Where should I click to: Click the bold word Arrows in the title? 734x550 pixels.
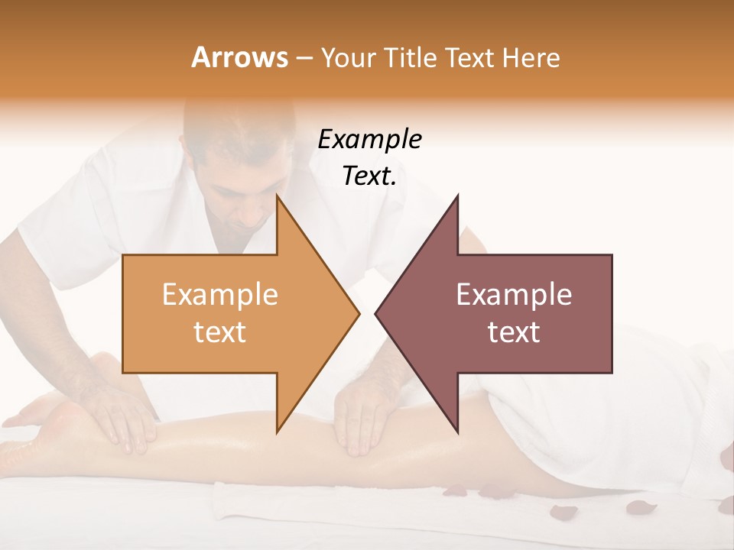239,57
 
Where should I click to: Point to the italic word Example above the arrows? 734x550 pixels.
369,140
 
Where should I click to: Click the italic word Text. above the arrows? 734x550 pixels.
369,176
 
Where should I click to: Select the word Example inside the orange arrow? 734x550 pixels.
219,295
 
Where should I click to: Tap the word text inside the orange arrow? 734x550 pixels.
219,332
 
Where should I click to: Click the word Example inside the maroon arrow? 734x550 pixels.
514,295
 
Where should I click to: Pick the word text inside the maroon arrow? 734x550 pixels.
514,332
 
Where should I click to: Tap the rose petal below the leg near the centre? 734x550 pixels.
456,490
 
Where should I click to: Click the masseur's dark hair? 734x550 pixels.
245,122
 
